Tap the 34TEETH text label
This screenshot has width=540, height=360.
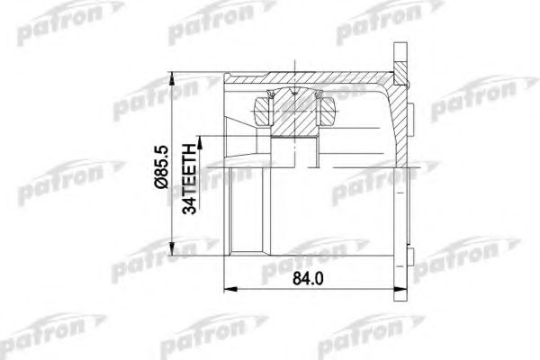(x=189, y=178)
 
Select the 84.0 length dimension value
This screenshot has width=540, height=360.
(x=308, y=279)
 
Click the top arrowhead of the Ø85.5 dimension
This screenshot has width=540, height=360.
(x=171, y=79)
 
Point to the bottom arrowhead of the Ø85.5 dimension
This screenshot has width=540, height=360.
(x=171, y=249)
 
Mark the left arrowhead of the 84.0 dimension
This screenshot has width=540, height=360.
(x=230, y=289)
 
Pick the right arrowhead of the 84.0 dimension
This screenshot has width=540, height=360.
(x=400, y=289)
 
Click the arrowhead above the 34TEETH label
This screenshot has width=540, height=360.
(x=200, y=142)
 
